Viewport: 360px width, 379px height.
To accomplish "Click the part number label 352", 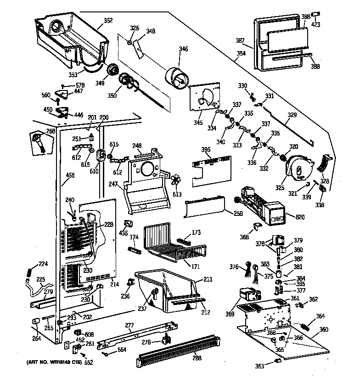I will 108,20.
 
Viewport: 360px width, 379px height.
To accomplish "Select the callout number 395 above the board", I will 207,150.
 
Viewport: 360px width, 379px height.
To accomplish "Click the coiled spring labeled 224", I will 30,272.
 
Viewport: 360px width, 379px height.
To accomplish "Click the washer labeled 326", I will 130,43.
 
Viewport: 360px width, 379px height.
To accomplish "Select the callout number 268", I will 51,130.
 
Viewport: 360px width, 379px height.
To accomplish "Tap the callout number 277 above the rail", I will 129,326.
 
